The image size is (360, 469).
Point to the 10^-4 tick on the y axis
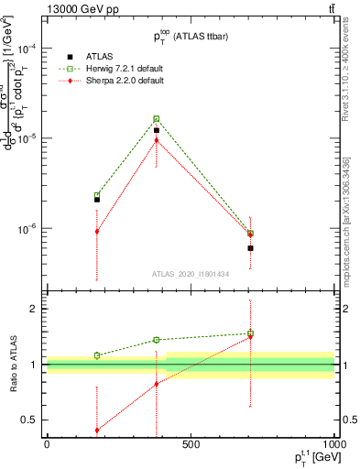pos(28,47)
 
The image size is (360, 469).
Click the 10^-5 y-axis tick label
pos(28,137)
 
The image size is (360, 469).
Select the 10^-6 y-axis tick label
pos(28,228)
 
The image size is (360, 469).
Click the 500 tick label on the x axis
pos(191,444)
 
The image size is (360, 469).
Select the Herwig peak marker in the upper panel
pos(157,119)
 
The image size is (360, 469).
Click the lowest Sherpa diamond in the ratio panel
pos(97,431)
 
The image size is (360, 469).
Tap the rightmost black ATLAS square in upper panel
pos(250,248)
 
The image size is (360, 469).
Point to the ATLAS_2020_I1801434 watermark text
pos(191,274)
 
